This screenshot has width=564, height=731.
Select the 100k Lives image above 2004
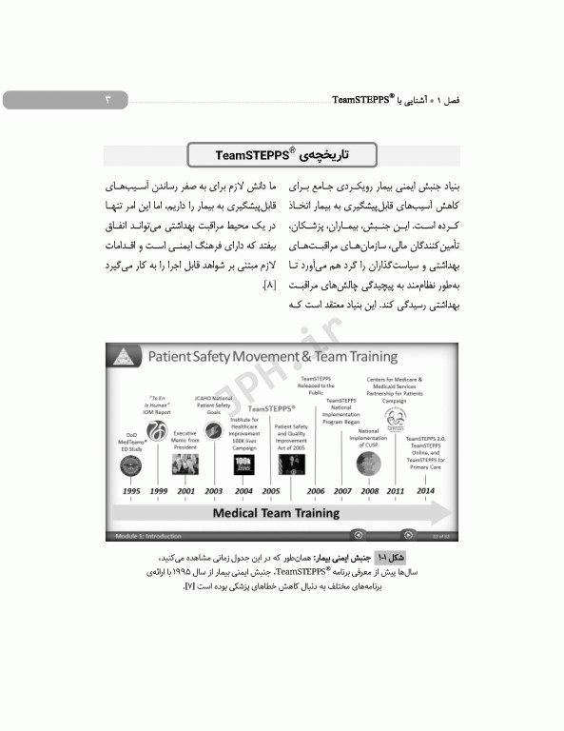[243, 464]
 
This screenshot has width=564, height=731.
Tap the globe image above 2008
[368, 464]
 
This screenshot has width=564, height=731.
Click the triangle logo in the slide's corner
[123, 357]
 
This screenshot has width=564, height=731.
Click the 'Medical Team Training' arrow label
[275, 512]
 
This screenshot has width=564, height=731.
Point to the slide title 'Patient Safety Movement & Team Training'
[271, 357]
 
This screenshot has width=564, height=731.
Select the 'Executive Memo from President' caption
[185, 441]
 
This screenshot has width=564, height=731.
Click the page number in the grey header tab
[107, 99]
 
